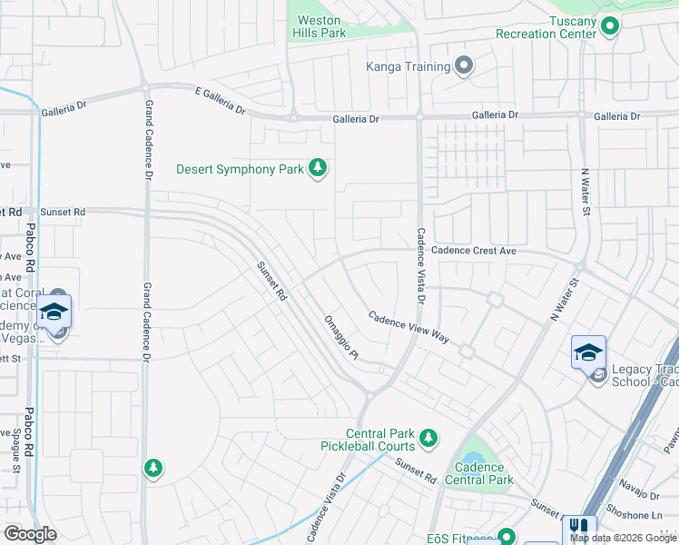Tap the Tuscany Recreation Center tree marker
(610, 27)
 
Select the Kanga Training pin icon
(465, 65)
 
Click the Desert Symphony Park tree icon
(318, 168)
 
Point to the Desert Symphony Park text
(240, 169)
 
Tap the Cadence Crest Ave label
(474, 251)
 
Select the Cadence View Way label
(408, 326)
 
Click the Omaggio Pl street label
(341, 338)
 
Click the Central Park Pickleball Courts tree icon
(428, 440)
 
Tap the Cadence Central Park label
(479, 473)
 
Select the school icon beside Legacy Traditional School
(588, 352)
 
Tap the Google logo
(30, 534)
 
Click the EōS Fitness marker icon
(507, 537)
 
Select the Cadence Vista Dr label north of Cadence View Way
(420, 265)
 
